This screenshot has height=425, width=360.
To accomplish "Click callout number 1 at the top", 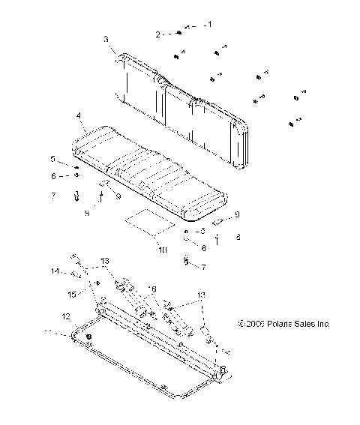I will pos(209,24).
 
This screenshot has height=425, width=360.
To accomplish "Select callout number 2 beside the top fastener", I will pos(158,34).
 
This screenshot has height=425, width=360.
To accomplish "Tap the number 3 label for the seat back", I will pos(106,38).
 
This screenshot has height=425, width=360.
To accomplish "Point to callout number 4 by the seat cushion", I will pos(78,116).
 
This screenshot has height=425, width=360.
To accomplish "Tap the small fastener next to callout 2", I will pos(180,33).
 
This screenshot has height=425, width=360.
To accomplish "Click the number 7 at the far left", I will pos(52,196).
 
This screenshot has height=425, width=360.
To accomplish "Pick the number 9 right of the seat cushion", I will pos(238,214).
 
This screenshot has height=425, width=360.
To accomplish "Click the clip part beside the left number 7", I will pos(76,198).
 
